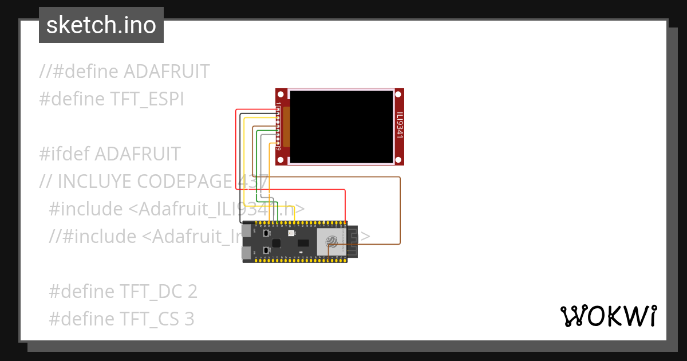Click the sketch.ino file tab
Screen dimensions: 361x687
pyautogui.click(x=101, y=25)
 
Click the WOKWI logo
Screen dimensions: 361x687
pyautogui.click(x=608, y=316)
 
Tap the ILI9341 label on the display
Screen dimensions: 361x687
pyautogui.click(x=400, y=124)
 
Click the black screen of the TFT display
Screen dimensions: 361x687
pyautogui.click(x=341, y=126)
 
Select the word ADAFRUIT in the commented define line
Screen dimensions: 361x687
pyautogui.click(x=167, y=72)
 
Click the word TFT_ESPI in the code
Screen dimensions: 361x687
pyautogui.click(x=147, y=99)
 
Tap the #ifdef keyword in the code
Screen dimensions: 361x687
pyautogui.click(x=64, y=154)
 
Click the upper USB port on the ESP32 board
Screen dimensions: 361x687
pyautogui.click(x=246, y=231)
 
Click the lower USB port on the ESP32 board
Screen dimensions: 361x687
pyautogui.click(x=246, y=253)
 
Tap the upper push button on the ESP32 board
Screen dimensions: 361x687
pyautogui.click(x=266, y=233)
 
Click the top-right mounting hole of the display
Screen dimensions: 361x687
pyautogui.click(x=399, y=93)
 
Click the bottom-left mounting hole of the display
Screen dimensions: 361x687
pyautogui.click(x=281, y=160)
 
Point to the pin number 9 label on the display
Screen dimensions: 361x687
pyautogui.click(x=278, y=149)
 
